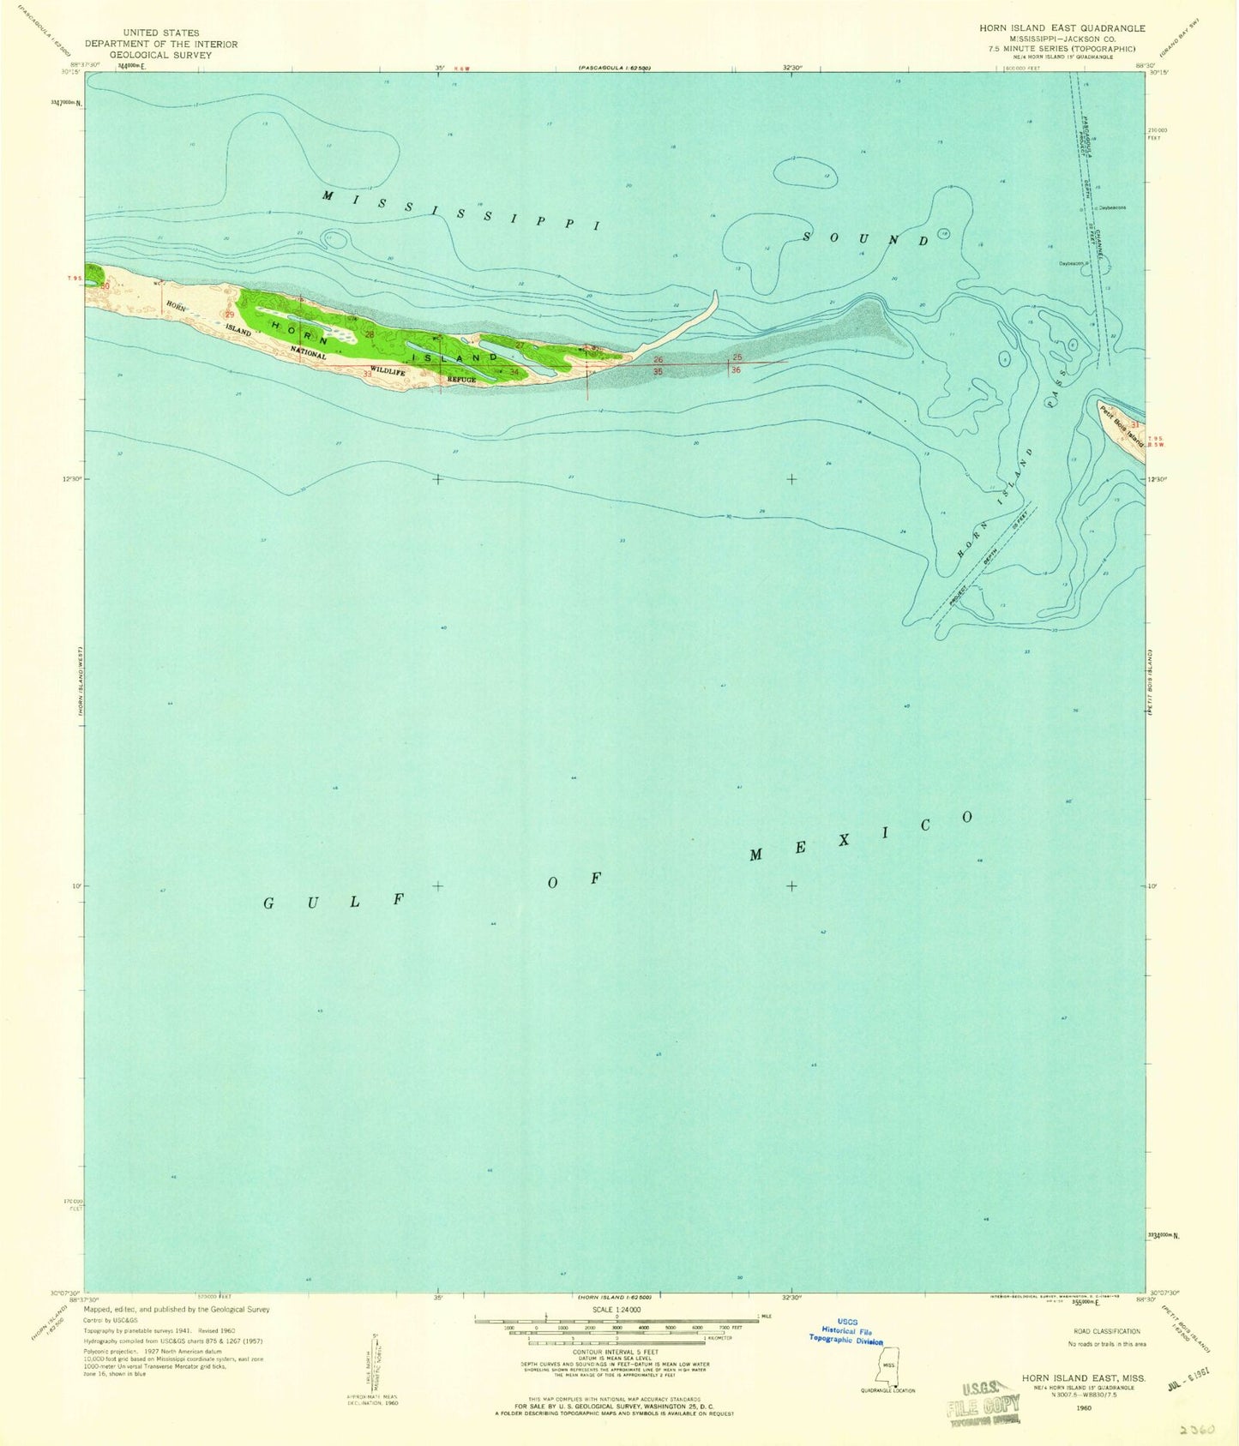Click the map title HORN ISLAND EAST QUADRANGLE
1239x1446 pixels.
click(1062, 28)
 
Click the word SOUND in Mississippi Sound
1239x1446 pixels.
click(865, 237)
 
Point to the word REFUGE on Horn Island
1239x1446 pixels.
click(460, 379)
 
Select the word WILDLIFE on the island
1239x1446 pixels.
click(388, 372)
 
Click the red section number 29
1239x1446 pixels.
click(229, 315)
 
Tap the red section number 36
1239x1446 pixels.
click(736, 370)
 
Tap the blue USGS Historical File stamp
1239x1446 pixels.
click(846, 1331)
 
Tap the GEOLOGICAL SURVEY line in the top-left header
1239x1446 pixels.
click(161, 55)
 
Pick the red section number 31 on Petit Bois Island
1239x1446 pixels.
click(1134, 423)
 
